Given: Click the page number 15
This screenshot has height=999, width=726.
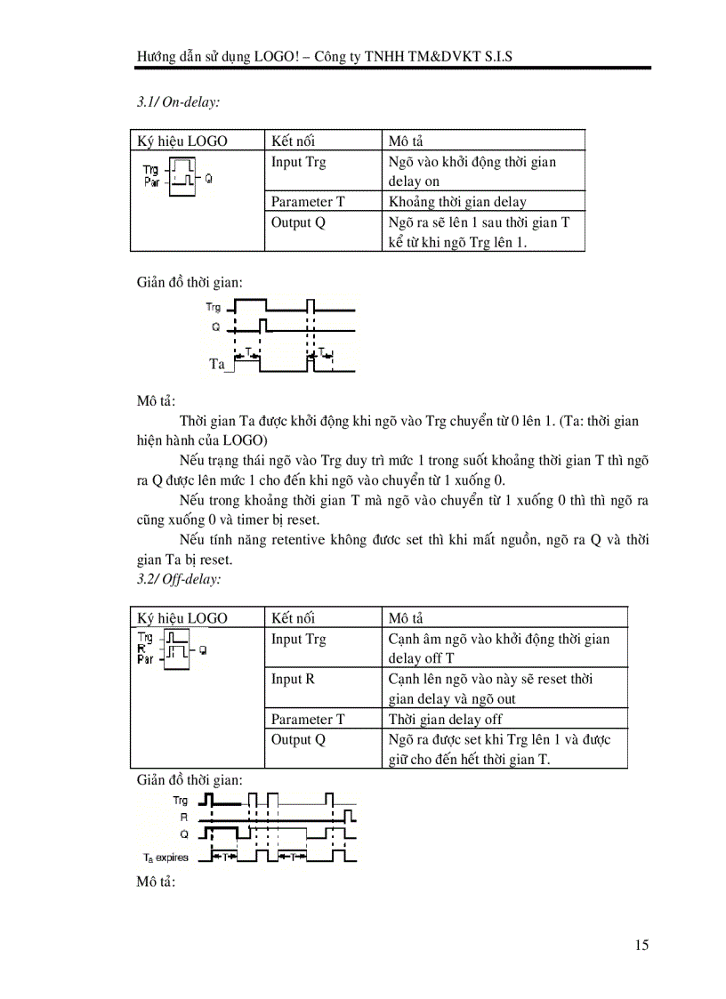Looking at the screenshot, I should click(641, 945).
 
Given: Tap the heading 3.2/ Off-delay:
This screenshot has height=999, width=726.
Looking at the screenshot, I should click(179, 578).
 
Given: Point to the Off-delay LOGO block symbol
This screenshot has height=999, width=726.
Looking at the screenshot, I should click(174, 649).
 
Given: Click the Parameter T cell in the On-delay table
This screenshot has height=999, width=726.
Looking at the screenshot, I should click(308, 202).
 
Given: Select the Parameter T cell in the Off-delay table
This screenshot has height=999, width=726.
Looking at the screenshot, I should click(308, 719).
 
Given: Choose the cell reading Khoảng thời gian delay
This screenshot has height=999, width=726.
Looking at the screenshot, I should click(457, 202).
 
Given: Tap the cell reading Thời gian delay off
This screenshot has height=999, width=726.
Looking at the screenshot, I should click(445, 719).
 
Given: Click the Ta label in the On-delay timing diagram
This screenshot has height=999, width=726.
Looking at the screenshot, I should click(216, 364).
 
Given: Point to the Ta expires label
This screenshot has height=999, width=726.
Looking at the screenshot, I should click(165, 858).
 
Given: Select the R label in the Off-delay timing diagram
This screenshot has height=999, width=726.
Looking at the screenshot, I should click(184, 816).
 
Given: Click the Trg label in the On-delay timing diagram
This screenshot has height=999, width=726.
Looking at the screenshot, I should click(213, 307).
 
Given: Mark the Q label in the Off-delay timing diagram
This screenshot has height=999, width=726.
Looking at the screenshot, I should click(184, 834).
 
